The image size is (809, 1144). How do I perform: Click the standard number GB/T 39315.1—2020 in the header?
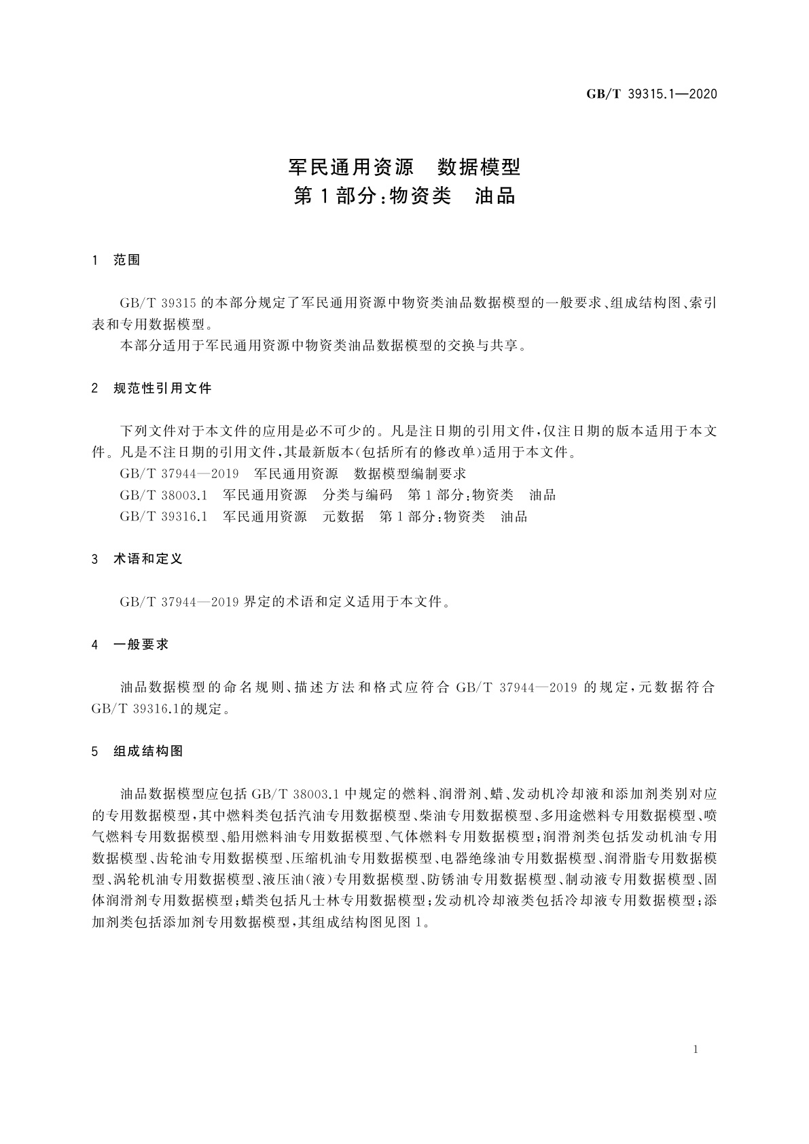click(x=651, y=94)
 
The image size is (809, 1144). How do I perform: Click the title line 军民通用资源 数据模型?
click(x=404, y=166)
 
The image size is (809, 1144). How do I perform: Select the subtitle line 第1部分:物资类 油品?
click(x=404, y=196)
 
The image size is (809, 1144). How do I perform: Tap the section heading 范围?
click(x=127, y=260)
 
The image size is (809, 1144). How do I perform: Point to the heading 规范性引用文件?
click(x=163, y=389)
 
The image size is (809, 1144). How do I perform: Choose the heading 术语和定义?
click(x=148, y=559)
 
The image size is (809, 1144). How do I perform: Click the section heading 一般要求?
click(x=141, y=644)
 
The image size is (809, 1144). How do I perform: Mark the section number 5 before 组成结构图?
click(x=95, y=751)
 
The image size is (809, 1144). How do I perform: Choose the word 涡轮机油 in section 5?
click(x=141, y=879)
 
